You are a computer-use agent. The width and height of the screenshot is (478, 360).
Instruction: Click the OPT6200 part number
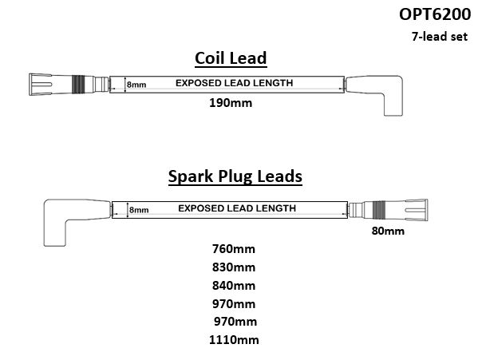coord(435,14)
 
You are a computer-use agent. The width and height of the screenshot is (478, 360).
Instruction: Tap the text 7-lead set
coord(440,36)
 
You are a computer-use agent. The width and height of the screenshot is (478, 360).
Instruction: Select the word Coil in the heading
coord(210,58)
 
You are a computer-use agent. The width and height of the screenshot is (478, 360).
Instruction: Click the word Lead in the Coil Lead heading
coord(248,58)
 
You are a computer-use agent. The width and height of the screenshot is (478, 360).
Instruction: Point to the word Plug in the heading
coord(235,176)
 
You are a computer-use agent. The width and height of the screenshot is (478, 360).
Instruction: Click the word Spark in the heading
coord(191,176)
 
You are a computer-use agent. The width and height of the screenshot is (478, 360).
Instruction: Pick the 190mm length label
coord(231,103)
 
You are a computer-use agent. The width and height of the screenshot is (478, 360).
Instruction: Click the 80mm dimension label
coord(388,231)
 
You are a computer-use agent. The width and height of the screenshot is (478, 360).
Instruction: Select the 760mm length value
coord(234,249)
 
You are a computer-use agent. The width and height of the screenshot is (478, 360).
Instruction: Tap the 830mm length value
coord(234,267)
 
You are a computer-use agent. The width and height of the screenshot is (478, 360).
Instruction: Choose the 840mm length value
coord(234,286)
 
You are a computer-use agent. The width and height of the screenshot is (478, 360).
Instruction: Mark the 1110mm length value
coord(234,340)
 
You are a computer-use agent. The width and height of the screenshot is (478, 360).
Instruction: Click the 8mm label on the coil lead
coord(136,85)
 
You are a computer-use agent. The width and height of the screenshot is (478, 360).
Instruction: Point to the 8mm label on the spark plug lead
coord(139,210)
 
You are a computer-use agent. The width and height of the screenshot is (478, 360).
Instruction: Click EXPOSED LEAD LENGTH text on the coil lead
coord(234,83)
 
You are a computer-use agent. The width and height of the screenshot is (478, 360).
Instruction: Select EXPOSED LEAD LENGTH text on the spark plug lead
coord(237,208)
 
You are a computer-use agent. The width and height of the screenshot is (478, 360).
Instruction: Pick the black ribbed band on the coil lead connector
coord(78,84)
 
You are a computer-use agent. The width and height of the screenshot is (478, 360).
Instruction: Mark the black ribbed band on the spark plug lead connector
coord(379,210)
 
